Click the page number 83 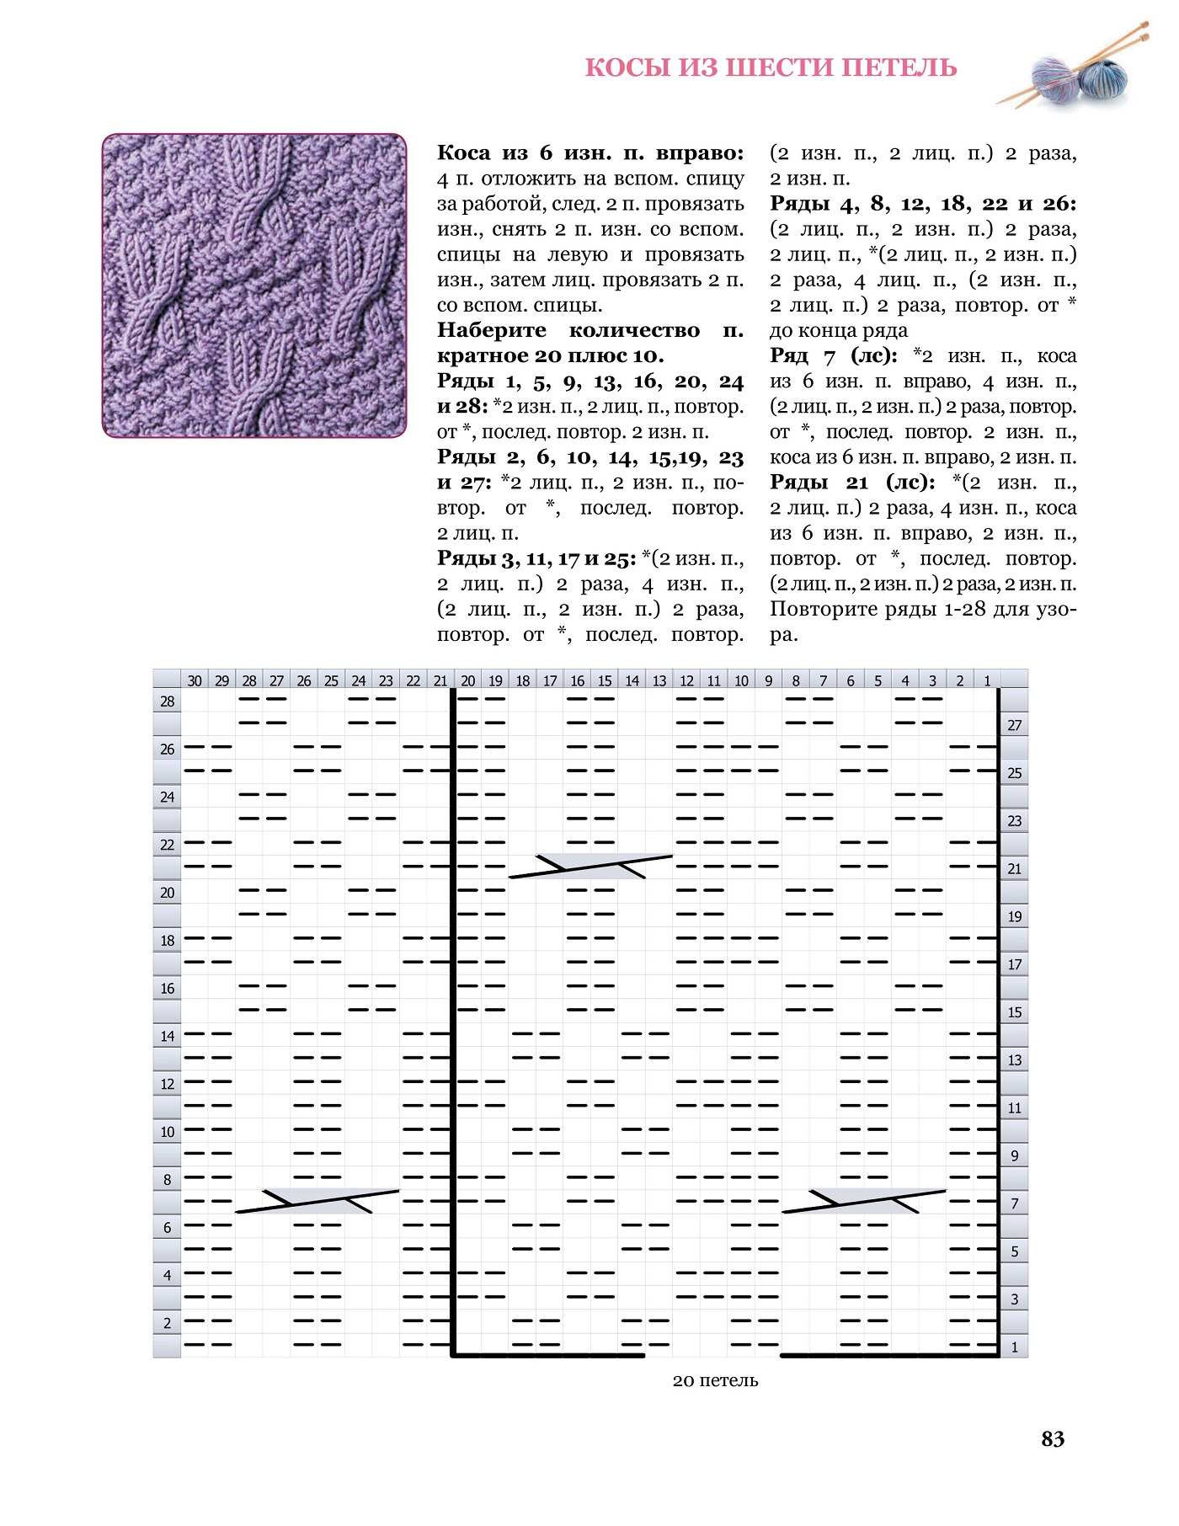pos(1053,1438)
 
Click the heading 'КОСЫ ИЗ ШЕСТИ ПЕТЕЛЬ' pos(771,67)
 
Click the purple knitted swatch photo pos(253,285)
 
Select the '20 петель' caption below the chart pos(715,1380)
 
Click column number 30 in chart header pos(195,680)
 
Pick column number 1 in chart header pos(987,680)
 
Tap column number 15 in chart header pos(605,680)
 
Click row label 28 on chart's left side pos(168,702)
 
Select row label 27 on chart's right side pos(1015,725)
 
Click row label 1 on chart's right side pos(1015,1347)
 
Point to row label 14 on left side pos(168,1036)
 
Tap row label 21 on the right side pos(1015,868)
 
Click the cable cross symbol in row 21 pos(590,866)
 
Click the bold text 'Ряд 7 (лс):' pos(833,356)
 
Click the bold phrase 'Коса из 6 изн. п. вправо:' pos(590,153)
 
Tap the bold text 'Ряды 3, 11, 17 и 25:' pos(536,558)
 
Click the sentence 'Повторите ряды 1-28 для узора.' pos(922,621)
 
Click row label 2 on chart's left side pos(168,1323)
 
